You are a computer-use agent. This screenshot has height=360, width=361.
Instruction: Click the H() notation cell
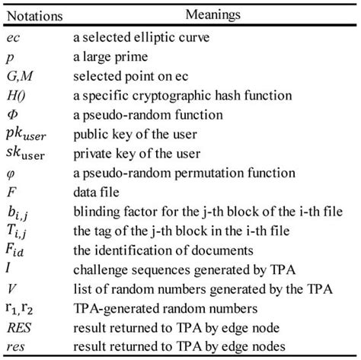(x=16, y=97)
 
